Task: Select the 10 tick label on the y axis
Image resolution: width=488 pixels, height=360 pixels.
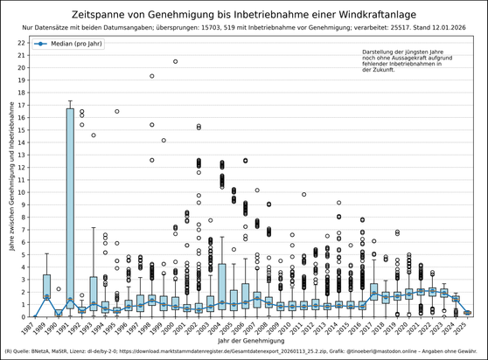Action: (21, 192)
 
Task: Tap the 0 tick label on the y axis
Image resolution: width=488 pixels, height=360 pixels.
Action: (23, 317)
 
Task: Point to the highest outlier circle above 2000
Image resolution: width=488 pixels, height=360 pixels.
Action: (176, 61)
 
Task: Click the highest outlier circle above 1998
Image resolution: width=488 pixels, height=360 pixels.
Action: (152, 76)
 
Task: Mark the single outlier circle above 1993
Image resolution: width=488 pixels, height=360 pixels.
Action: (94, 135)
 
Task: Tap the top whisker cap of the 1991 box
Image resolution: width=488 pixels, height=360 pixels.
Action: (70, 101)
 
